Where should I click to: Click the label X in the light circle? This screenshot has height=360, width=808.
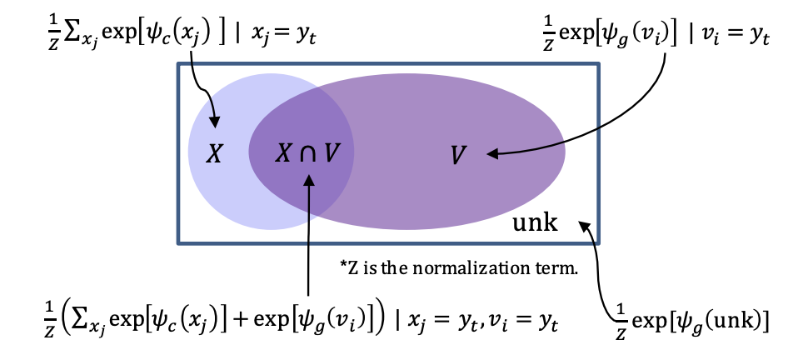point(214,154)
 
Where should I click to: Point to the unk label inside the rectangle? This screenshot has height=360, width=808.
point(533,222)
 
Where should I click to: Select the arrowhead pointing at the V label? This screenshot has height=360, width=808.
point(491,153)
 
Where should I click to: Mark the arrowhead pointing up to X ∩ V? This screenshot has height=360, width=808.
point(309,180)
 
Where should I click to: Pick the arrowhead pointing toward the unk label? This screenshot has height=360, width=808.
point(586,224)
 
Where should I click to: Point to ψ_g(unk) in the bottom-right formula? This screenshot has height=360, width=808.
point(726,318)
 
